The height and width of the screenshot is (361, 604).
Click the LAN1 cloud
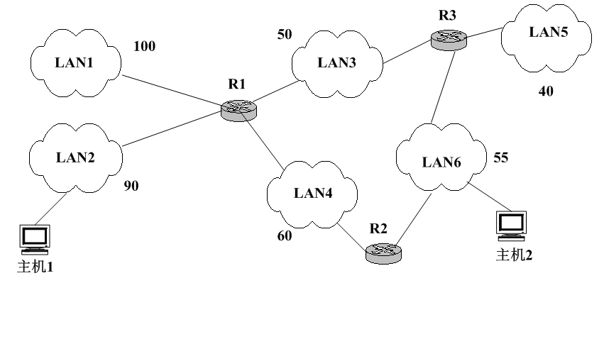(75, 63)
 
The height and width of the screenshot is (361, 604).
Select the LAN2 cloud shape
(75, 157)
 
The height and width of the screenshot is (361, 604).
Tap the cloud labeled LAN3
(337, 63)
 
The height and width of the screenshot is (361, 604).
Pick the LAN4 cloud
(312, 194)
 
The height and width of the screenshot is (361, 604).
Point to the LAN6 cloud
(441, 157)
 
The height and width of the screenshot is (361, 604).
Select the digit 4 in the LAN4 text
(327, 193)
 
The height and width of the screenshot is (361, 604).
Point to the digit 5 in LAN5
(564, 32)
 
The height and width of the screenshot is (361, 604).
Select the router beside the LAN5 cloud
(449, 40)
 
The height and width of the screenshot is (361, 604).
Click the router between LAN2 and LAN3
(238, 111)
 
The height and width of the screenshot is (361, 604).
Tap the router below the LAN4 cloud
(383, 253)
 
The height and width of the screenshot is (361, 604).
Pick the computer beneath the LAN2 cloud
(35, 240)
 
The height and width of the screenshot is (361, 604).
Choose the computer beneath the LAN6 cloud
(511, 226)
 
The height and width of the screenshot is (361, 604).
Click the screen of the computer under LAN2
(35, 235)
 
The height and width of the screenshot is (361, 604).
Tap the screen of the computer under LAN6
(511, 222)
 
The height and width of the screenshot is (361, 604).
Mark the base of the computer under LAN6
(511, 237)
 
